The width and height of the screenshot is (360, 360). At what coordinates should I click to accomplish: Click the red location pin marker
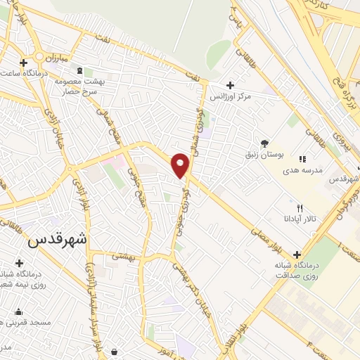point(181,165)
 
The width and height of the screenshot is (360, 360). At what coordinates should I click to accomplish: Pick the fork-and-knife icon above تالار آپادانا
point(300,207)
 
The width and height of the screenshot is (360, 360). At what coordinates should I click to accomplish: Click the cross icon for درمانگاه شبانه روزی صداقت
point(297,255)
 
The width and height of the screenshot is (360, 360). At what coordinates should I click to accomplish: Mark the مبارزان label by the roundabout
point(73,60)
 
